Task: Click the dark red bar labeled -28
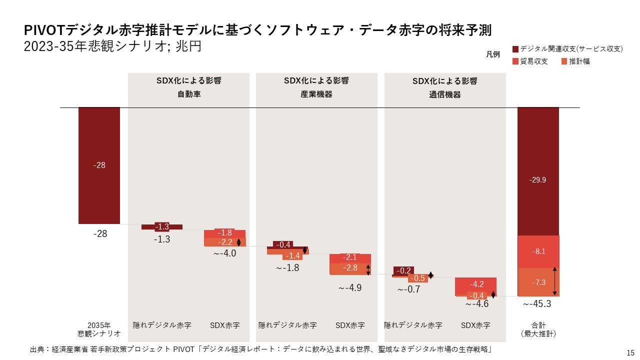tap(99, 165)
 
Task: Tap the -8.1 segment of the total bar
tap(537, 251)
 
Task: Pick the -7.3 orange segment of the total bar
tap(537, 282)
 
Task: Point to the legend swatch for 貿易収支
tap(515, 61)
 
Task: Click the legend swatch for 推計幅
tap(564, 61)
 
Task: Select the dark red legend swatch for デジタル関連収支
tap(515, 49)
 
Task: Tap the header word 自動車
tap(189, 94)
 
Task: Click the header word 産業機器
tap(316, 94)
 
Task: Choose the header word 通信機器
tap(445, 94)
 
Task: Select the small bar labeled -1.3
tap(161, 227)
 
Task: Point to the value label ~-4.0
tap(224, 253)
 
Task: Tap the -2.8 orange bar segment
tap(350, 268)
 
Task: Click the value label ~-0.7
tap(409, 289)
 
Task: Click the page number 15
tap(630, 352)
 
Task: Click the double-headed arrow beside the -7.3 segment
tap(554, 281)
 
